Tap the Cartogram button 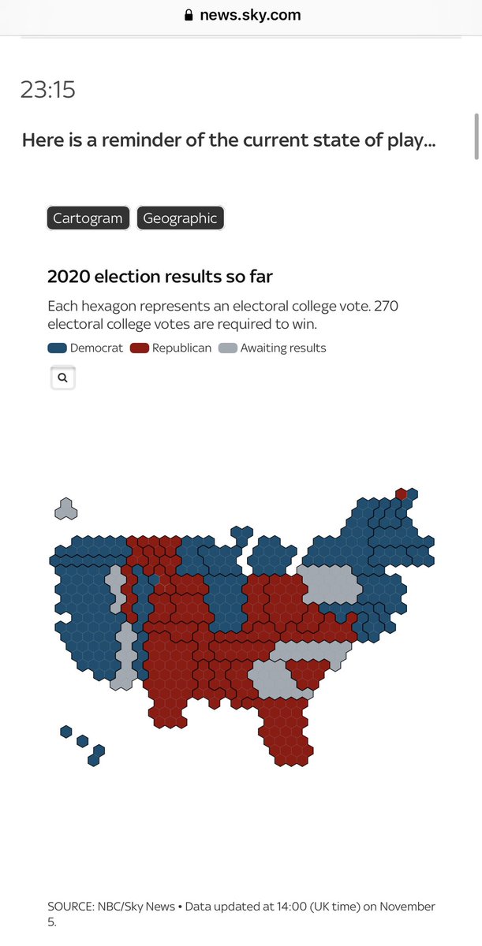(88, 218)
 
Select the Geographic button (180, 218)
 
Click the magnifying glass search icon (62, 378)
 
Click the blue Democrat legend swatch (57, 348)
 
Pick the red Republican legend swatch (140, 348)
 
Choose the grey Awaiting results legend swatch (227, 348)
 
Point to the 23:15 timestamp (48, 90)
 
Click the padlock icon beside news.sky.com (188, 15)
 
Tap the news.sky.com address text (250, 15)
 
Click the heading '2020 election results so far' (160, 277)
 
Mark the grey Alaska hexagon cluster (65, 508)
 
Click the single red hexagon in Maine (402, 494)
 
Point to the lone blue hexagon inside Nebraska (155, 579)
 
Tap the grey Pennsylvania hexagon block (328, 584)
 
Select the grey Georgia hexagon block (276, 680)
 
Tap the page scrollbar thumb (476, 136)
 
